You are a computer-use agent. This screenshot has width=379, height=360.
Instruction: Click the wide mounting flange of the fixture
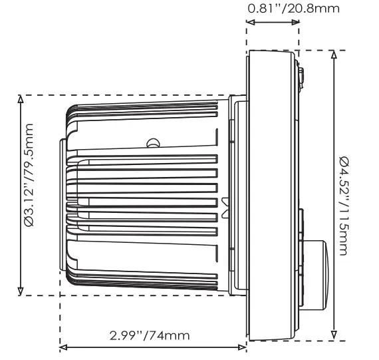(271, 193)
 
